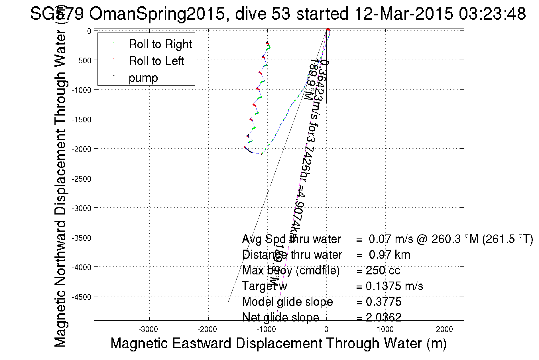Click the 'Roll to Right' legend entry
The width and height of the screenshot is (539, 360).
coord(160,44)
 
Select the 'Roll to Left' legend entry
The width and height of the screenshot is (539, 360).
coord(156,61)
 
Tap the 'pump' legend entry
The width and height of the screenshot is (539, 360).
coord(143,78)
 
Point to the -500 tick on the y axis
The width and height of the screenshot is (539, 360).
coord(83,60)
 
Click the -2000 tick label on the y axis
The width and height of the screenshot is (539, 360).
coord(82,149)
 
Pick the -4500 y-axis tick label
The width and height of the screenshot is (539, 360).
coord(82,297)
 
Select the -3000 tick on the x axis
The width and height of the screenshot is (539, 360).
coord(148,329)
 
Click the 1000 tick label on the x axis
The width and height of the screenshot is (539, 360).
coord(385,329)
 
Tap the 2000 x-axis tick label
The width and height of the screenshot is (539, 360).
coord(444,329)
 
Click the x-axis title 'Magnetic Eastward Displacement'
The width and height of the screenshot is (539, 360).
coord(278,343)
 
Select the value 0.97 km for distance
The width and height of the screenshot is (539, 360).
coord(389,255)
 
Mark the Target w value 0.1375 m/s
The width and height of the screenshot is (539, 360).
coord(394,286)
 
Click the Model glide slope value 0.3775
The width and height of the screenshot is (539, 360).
coord(383,302)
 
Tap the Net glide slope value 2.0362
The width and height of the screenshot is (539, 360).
coord(383,317)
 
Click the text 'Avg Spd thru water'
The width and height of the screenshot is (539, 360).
coord(291,239)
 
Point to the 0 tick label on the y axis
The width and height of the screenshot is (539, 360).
coord(89,31)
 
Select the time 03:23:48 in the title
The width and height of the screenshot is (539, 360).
coord(492,13)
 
